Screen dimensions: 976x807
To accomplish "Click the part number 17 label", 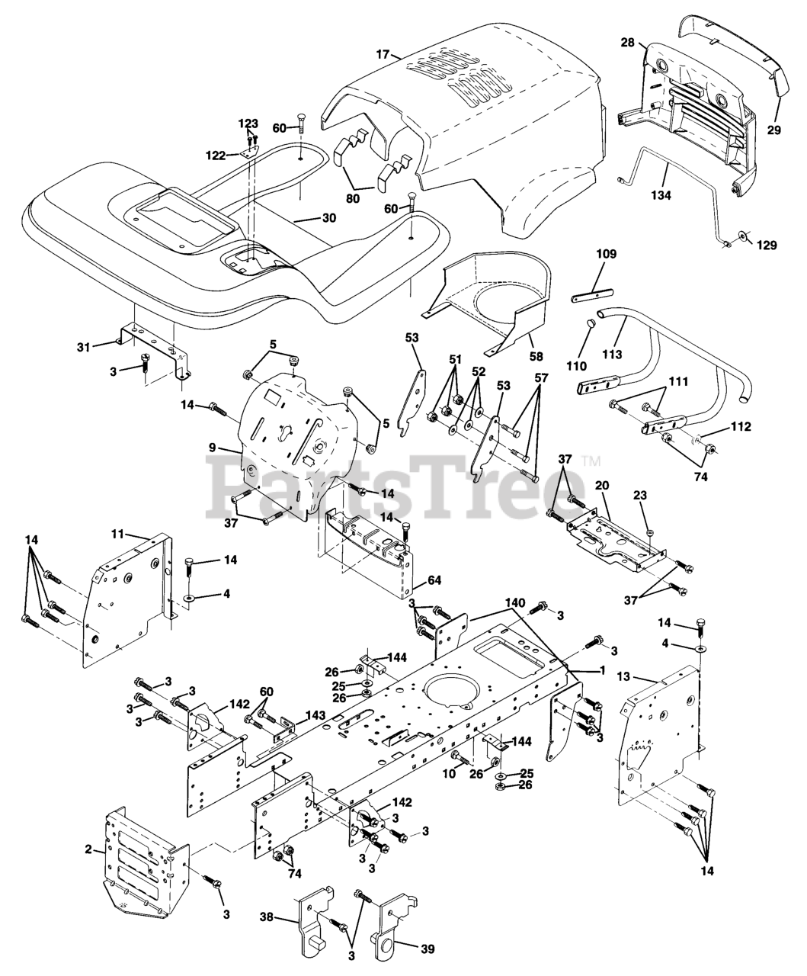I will pyautogui.click(x=383, y=54).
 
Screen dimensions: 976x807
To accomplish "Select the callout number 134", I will pyautogui.click(x=661, y=195).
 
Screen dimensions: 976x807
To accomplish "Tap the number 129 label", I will pyautogui.click(x=767, y=245).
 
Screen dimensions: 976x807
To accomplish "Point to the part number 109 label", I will pyautogui.click(x=606, y=254).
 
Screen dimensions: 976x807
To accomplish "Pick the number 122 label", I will pyautogui.click(x=216, y=156).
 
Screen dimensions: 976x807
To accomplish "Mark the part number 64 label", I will pyautogui.click(x=434, y=581).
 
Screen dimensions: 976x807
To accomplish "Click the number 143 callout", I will pyautogui.click(x=315, y=715).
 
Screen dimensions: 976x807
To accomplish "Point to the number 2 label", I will pyautogui.click(x=88, y=849).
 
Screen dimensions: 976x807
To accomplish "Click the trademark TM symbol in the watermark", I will pyautogui.click(x=591, y=461).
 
